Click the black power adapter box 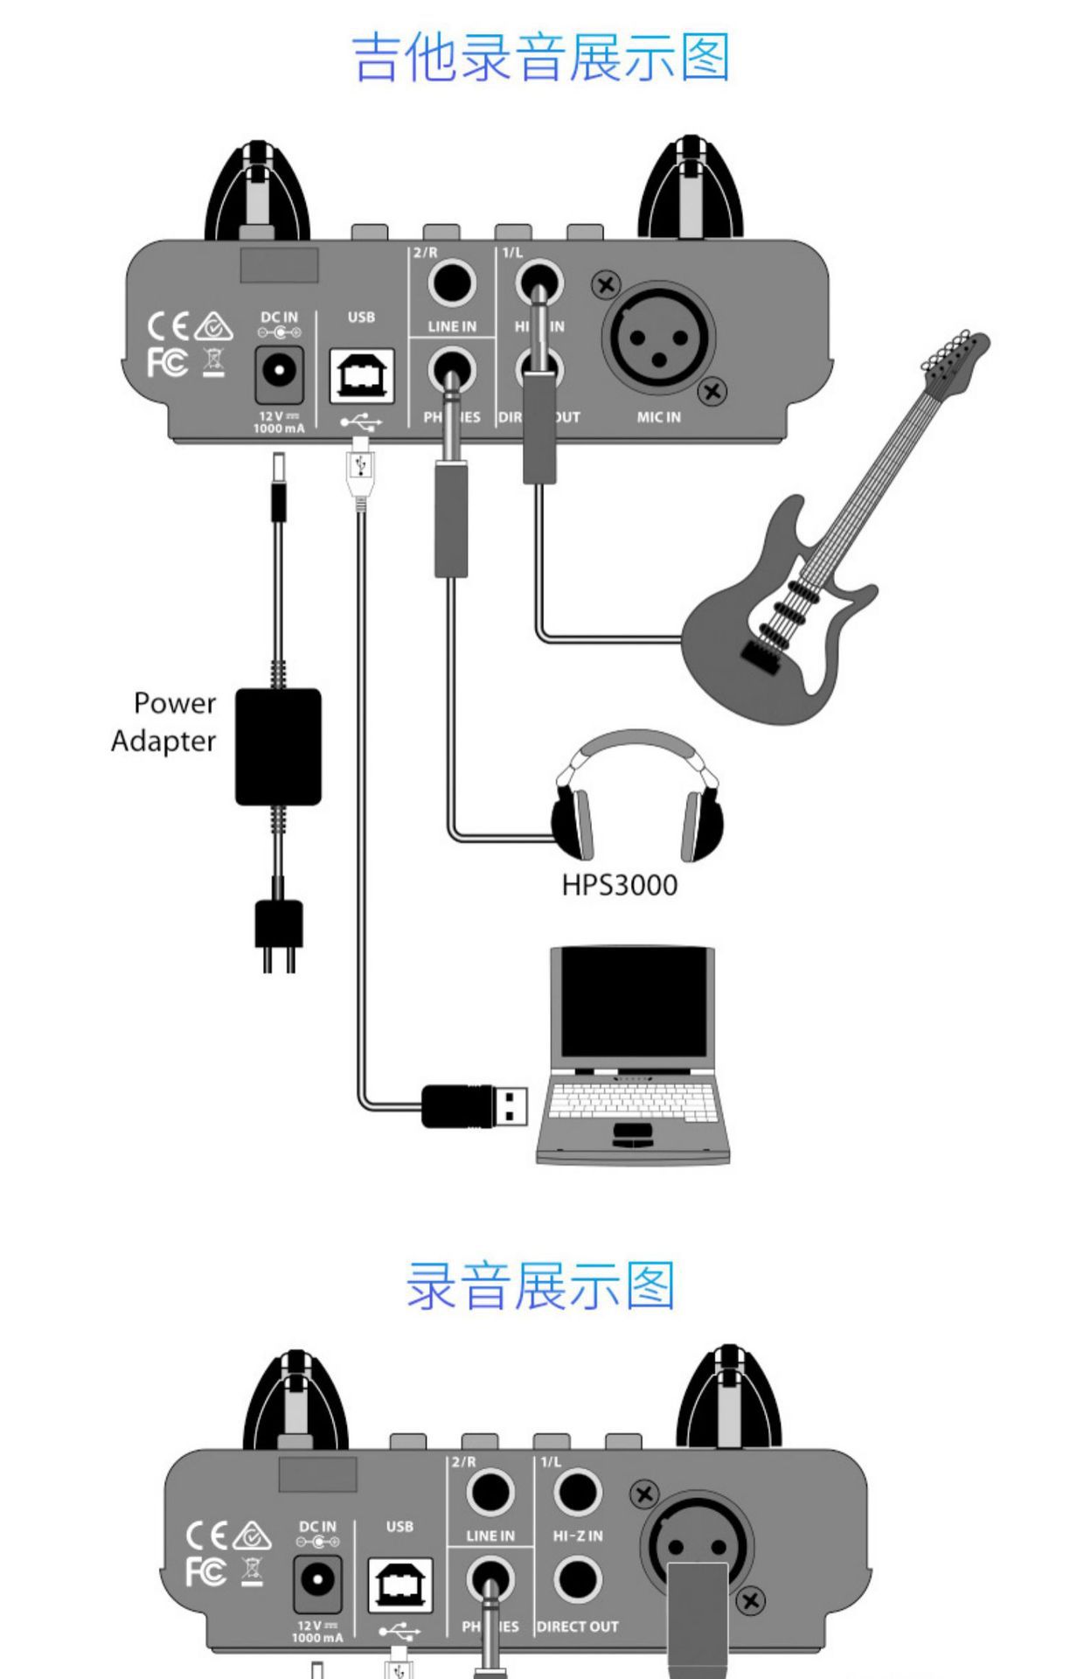tap(278, 746)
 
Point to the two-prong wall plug tap(279, 930)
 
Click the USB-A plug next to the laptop tap(476, 1105)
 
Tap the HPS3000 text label tap(619, 885)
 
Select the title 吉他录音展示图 tap(541, 58)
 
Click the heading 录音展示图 tap(541, 1285)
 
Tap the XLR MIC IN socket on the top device tap(658, 337)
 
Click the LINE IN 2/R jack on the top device tap(451, 282)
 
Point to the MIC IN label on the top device tap(658, 417)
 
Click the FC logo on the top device tap(167, 361)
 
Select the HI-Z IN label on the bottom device tap(577, 1536)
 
